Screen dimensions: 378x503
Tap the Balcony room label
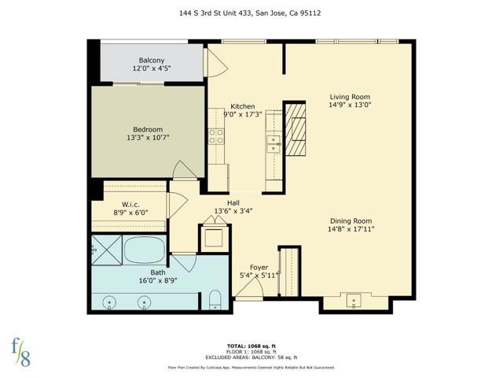[x=152, y=61]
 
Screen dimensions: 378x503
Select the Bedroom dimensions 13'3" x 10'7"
[x=147, y=137]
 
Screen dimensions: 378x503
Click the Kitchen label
[x=242, y=106]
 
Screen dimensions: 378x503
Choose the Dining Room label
[x=351, y=221]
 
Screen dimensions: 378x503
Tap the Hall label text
[x=233, y=202]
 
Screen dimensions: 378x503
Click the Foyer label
[x=259, y=268]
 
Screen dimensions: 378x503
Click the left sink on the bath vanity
[x=108, y=301]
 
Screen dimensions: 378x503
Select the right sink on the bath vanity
[x=145, y=301]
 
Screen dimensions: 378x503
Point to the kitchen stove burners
[x=215, y=136]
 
